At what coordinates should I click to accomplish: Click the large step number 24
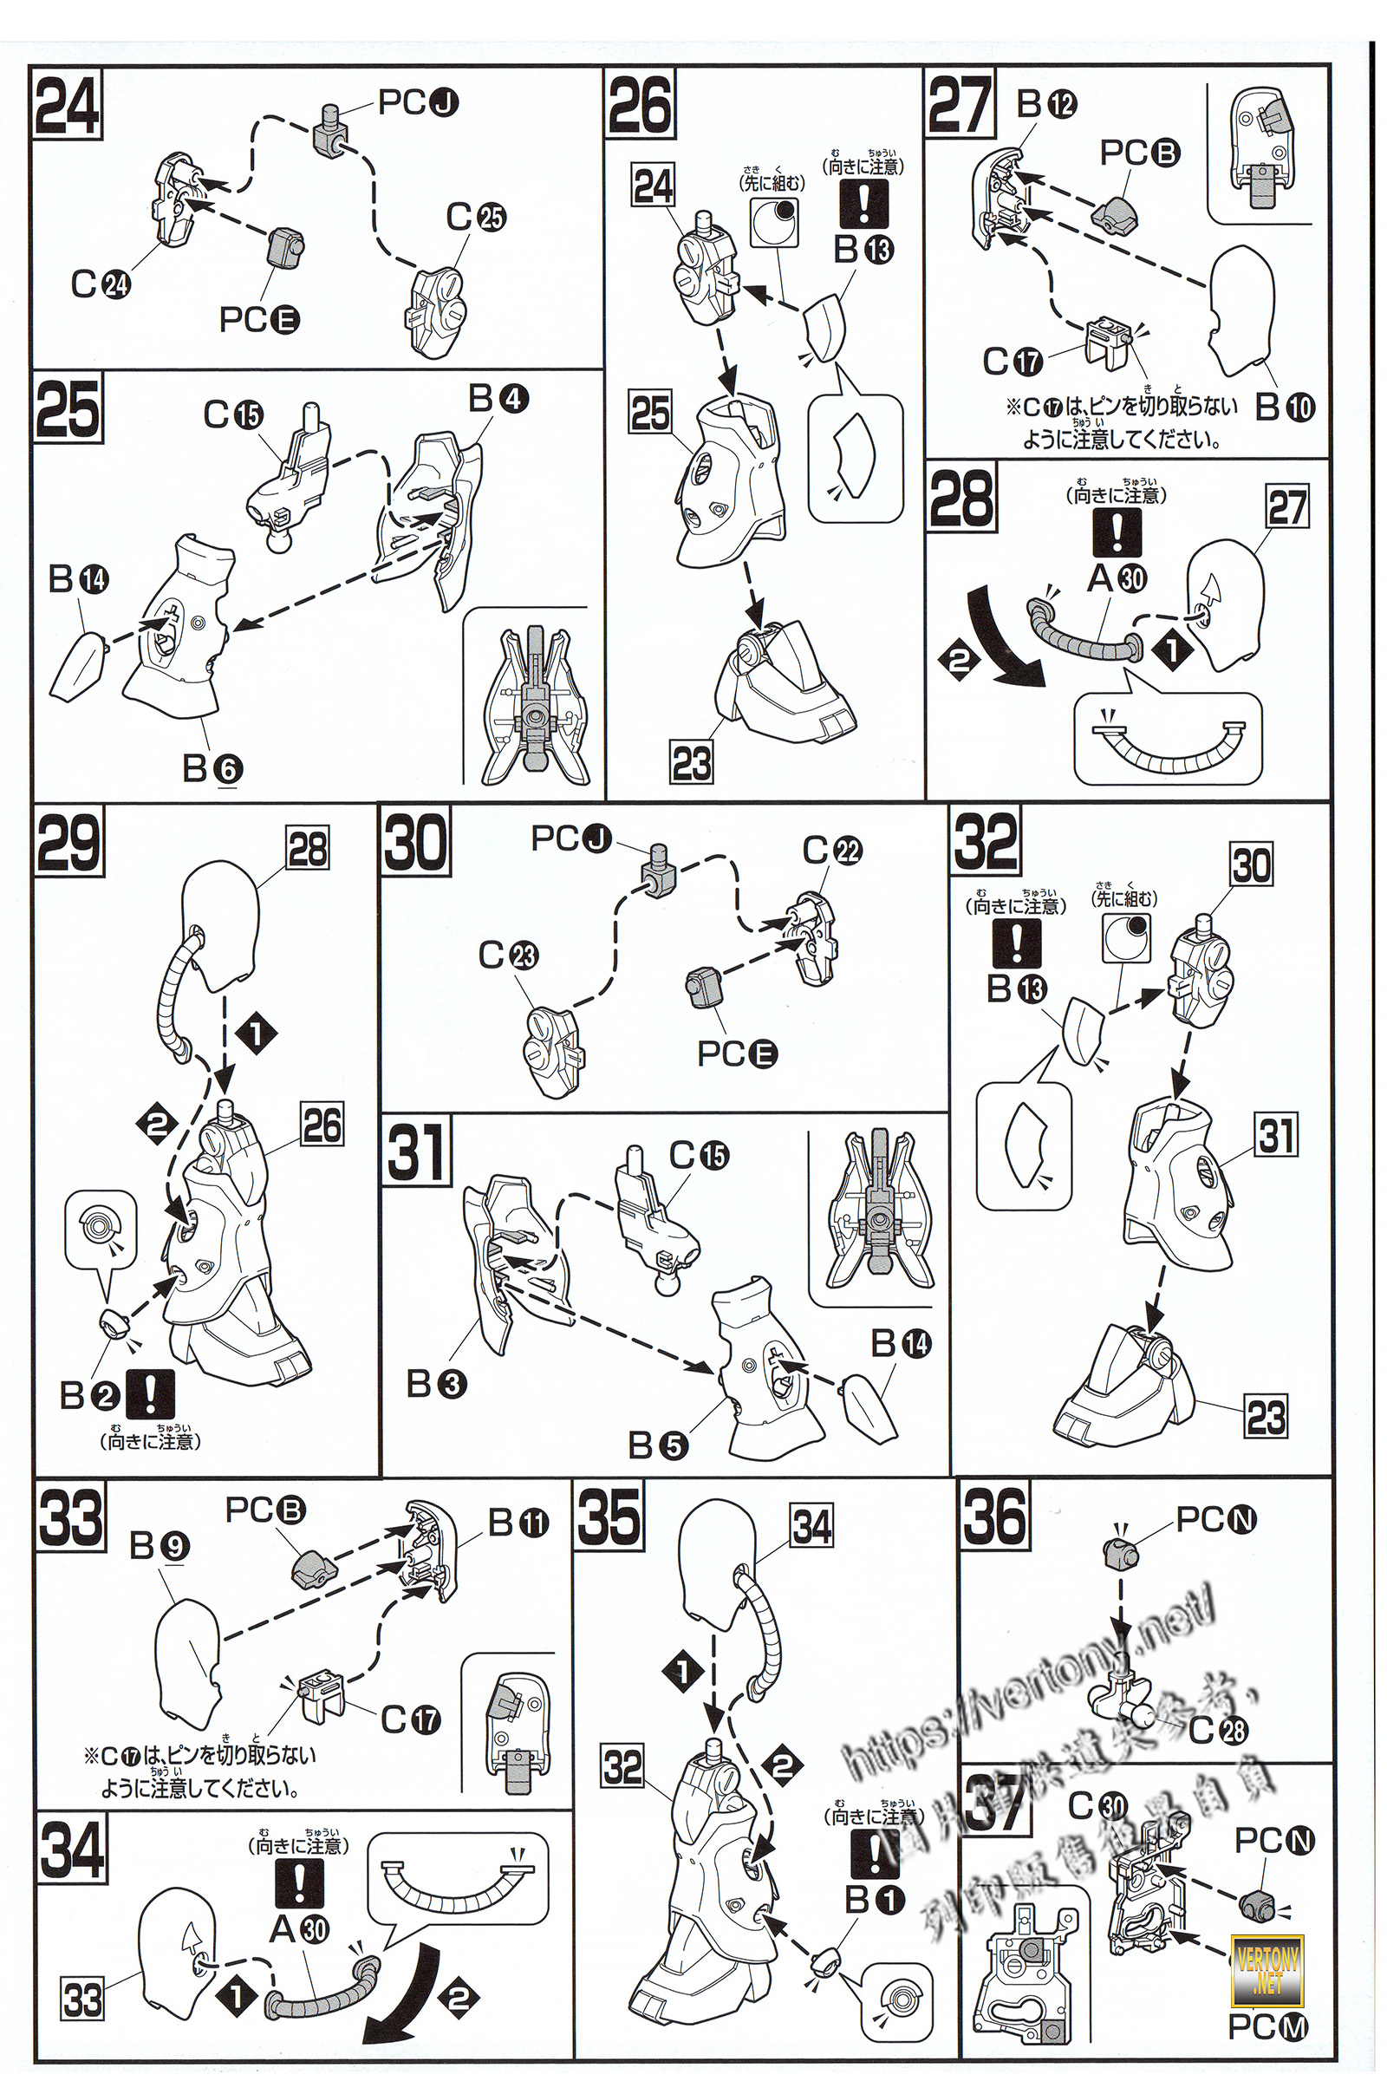pyautogui.click(x=68, y=105)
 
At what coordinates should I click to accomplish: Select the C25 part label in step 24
pyautogui.click(x=476, y=217)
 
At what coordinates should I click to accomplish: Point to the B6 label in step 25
pyautogui.click(x=212, y=768)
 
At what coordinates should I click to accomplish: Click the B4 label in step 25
pyautogui.click(x=498, y=399)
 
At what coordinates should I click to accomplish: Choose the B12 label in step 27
pyautogui.click(x=1046, y=104)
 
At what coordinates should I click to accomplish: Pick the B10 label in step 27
pyautogui.click(x=1285, y=406)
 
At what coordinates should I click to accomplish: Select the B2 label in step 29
pyautogui.click(x=88, y=1395)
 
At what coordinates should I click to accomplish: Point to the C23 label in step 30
pyautogui.click(x=508, y=956)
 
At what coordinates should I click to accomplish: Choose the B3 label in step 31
pyautogui.click(x=436, y=1384)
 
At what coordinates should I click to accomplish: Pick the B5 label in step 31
pyautogui.click(x=657, y=1445)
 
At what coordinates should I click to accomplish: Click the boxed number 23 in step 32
pyautogui.click(x=1266, y=1417)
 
